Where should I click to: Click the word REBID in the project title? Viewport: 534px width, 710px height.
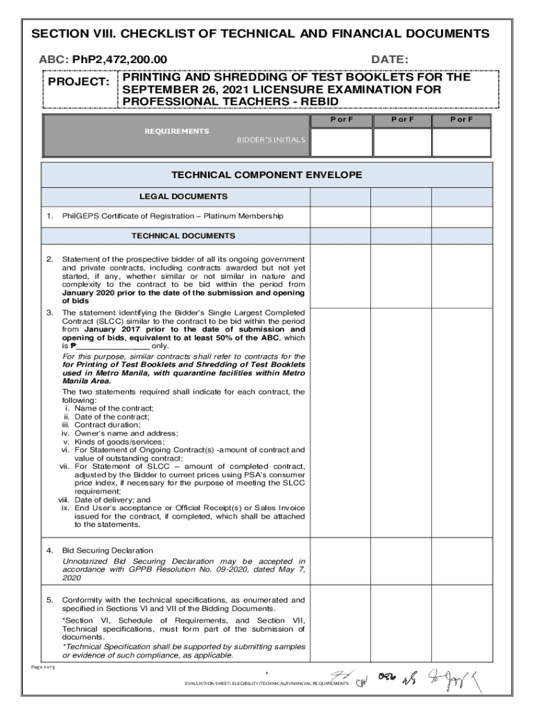[316, 102]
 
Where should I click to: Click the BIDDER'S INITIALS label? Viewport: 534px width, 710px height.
[270, 140]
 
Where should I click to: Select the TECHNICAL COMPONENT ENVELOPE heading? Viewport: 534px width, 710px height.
[267, 175]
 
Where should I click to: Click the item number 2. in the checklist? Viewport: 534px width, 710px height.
[49, 259]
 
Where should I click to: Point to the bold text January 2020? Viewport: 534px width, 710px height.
[89, 293]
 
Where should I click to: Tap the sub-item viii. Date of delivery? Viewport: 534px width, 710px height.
[104, 500]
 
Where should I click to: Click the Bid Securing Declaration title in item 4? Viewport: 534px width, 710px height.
[107, 550]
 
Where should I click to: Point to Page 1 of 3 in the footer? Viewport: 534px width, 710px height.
[42, 667]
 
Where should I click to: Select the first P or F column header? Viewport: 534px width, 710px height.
[341, 120]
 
